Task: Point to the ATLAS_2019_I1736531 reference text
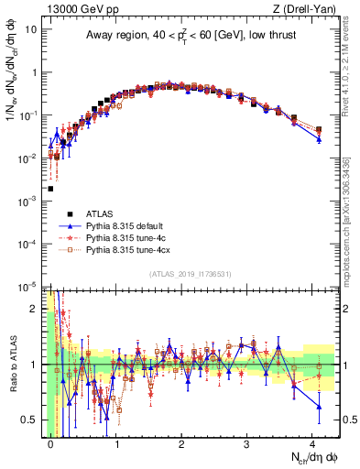tap(183, 275)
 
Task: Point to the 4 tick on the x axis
tap(313, 442)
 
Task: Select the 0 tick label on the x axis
tap(50, 442)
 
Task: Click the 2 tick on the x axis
tap(181, 442)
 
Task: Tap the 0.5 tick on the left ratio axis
tap(31, 420)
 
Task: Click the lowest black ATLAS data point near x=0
tap(50, 189)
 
